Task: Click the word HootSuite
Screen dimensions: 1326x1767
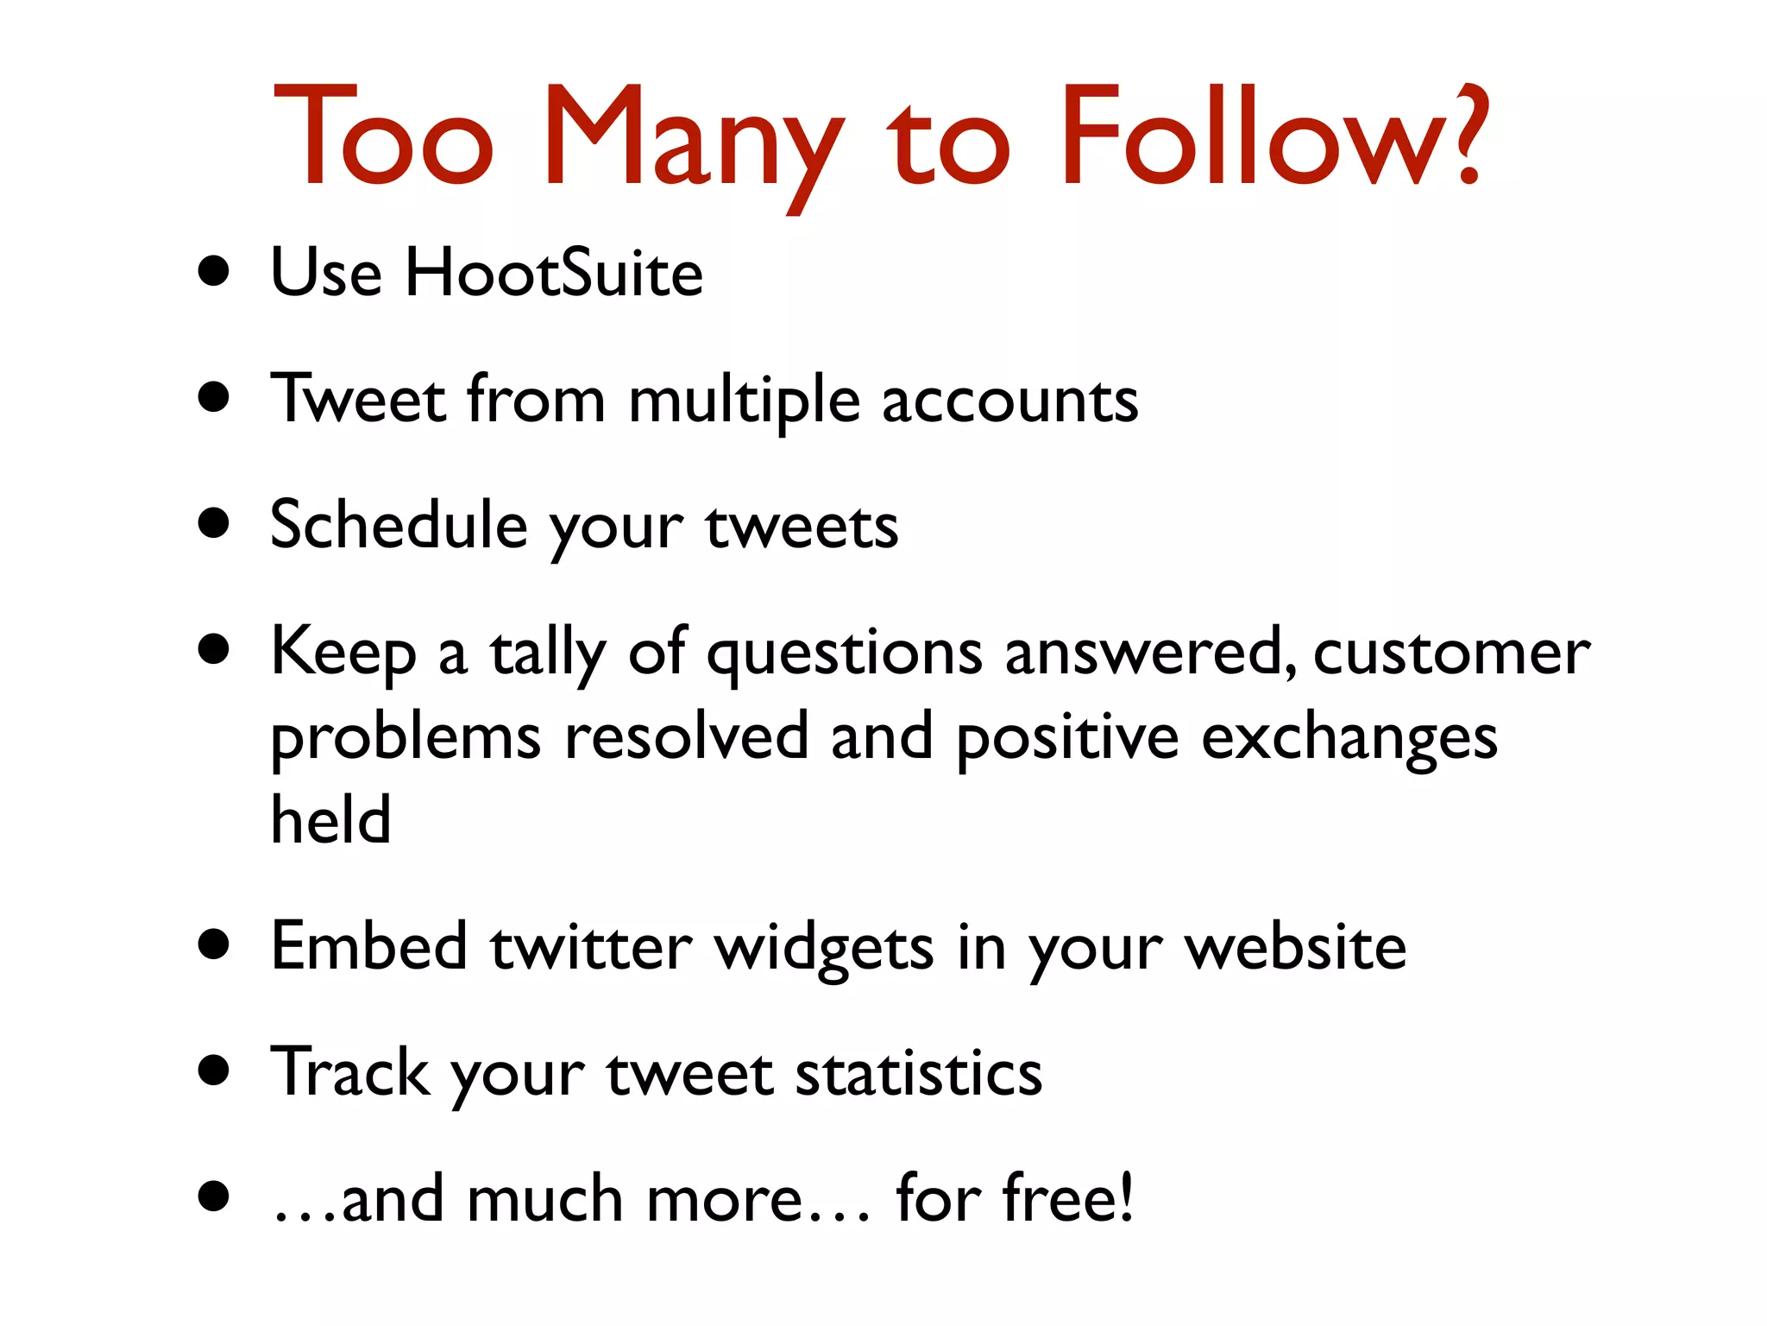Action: point(554,273)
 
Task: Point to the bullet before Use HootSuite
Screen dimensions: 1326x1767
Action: point(213,272)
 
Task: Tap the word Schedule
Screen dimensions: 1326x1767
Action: point(399,525)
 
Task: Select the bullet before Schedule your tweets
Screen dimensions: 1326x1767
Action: point(213,523)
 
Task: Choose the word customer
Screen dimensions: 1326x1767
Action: point(1451,653)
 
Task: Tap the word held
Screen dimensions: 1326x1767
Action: point(330,819)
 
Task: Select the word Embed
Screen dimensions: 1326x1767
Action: point(369,946)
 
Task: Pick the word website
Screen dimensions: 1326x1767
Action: point(1295,947)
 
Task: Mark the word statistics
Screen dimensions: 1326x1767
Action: point(918,1074)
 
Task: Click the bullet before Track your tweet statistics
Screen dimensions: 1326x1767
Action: point(213,1071)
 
